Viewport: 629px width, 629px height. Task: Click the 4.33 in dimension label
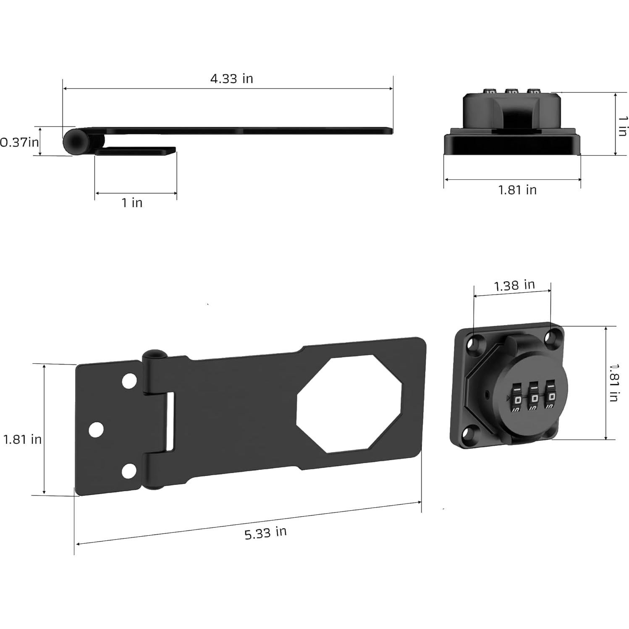tap(231, 79)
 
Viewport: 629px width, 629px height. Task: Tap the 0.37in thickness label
tap(19, 142)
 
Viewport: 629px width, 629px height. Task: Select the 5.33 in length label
tap(265, 533)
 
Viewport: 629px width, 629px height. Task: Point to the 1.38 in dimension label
tap(514, 286)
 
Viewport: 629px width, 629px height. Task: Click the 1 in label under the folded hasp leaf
tap(132, 203)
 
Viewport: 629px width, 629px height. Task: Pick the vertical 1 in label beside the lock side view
tap(623, 125)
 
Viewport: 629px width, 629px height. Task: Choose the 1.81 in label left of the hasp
tap(22, 439)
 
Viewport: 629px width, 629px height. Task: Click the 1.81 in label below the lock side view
tap(517, 190)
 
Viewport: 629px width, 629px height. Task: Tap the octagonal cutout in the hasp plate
tap(349, 404)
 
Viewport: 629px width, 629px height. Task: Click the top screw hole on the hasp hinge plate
tap(129, 380)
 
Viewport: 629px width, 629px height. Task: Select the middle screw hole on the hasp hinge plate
tap(96, 429)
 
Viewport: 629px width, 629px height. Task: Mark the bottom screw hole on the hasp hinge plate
tap(129, 471)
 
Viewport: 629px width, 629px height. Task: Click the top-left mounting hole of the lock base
tap(475, 342)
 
